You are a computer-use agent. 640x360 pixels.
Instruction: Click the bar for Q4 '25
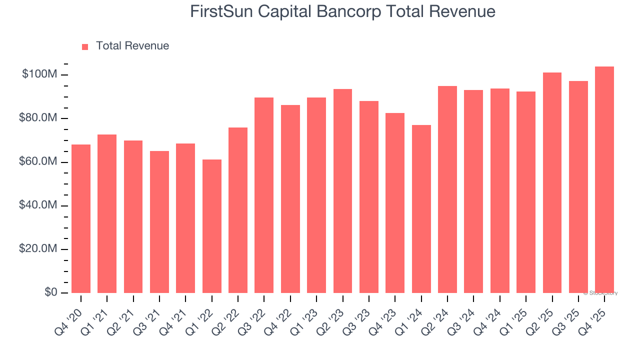[604, 180]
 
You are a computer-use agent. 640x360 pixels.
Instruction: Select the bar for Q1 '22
[212, 226]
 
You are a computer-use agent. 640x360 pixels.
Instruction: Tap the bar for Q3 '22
[264, 195]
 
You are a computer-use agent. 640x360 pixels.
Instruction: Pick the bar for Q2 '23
[342, 191]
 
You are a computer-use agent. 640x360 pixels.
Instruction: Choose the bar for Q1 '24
[421, 209]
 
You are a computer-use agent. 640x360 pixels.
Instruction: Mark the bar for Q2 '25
[552, 183]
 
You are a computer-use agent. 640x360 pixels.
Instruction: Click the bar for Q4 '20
[81, 218]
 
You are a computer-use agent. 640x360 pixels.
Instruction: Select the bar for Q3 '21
[159, 222]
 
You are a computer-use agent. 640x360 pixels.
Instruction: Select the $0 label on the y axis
[51, 292]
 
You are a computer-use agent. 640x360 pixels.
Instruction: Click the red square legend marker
[85, 46]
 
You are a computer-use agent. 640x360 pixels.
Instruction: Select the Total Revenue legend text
[132, 46]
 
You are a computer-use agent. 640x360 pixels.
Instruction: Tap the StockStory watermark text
[601, 293]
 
